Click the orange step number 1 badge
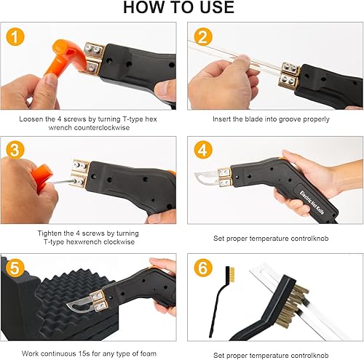point(15,36)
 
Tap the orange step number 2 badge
point(203,36)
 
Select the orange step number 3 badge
point(15,150)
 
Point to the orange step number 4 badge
point(203,150)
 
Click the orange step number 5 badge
point(15,268)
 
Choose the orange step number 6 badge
point(203,268)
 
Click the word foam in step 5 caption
point(149,353)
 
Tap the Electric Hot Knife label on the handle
point(312,202)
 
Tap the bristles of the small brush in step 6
point(232,275)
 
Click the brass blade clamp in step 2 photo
point(290,75)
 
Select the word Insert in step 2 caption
point(221,119)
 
